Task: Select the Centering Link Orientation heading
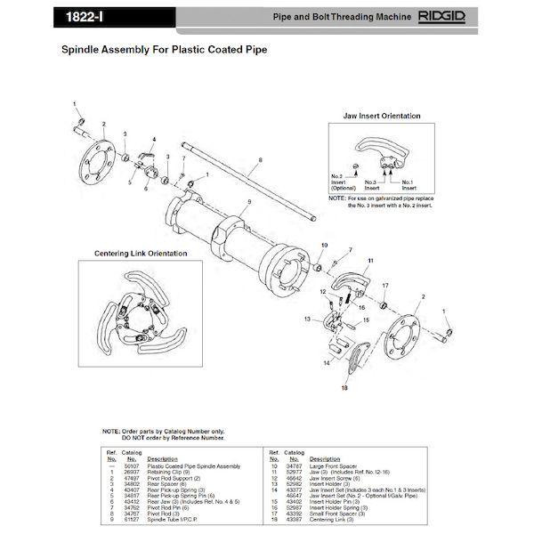tap(137, 253)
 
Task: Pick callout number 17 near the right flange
tap(384, 285)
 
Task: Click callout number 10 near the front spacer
tap(323, 244)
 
